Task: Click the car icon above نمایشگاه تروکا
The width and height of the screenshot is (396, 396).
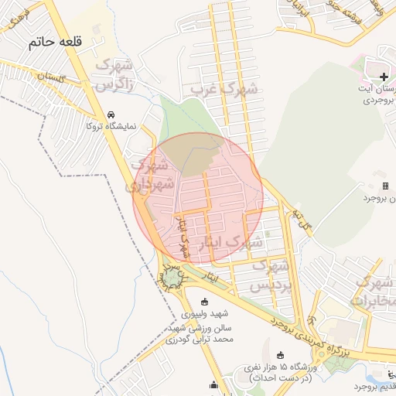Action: point(112,113)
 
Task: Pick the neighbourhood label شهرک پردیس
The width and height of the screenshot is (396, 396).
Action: point(271,275)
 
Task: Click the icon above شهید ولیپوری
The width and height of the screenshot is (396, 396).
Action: point(204,302)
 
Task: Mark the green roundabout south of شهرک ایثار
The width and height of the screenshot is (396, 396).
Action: point(171,277)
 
